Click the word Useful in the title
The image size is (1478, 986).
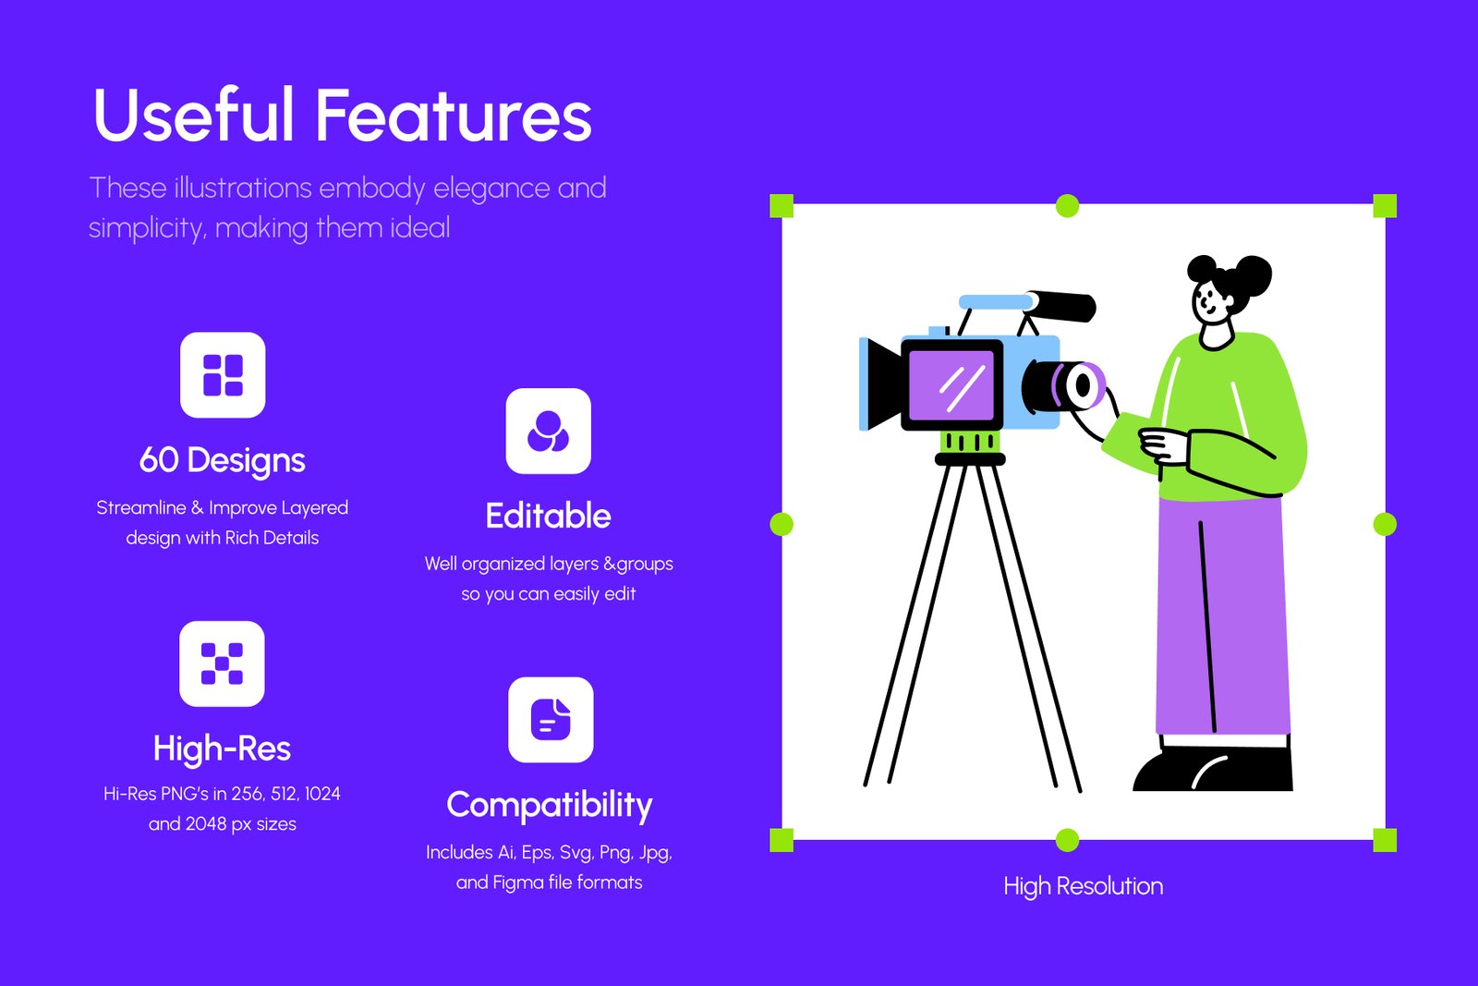193,115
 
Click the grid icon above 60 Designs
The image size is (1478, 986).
223,375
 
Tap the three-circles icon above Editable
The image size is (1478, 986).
549,431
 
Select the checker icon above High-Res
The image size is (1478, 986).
223,663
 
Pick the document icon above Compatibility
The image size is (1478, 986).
551,719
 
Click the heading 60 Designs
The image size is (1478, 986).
223,460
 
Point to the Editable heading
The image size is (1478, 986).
549,516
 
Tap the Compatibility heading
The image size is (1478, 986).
550,805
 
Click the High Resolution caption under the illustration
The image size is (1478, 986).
1084,886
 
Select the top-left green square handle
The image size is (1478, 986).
781,206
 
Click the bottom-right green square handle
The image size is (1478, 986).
1385,840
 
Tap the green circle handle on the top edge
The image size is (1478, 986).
1068,206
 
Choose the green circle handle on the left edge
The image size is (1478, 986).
781,524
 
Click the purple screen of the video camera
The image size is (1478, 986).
951,385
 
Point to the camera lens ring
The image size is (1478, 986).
1082,385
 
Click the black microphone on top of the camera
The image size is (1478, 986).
1062,306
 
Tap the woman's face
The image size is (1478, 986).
1211,302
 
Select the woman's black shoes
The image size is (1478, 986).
1213,769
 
